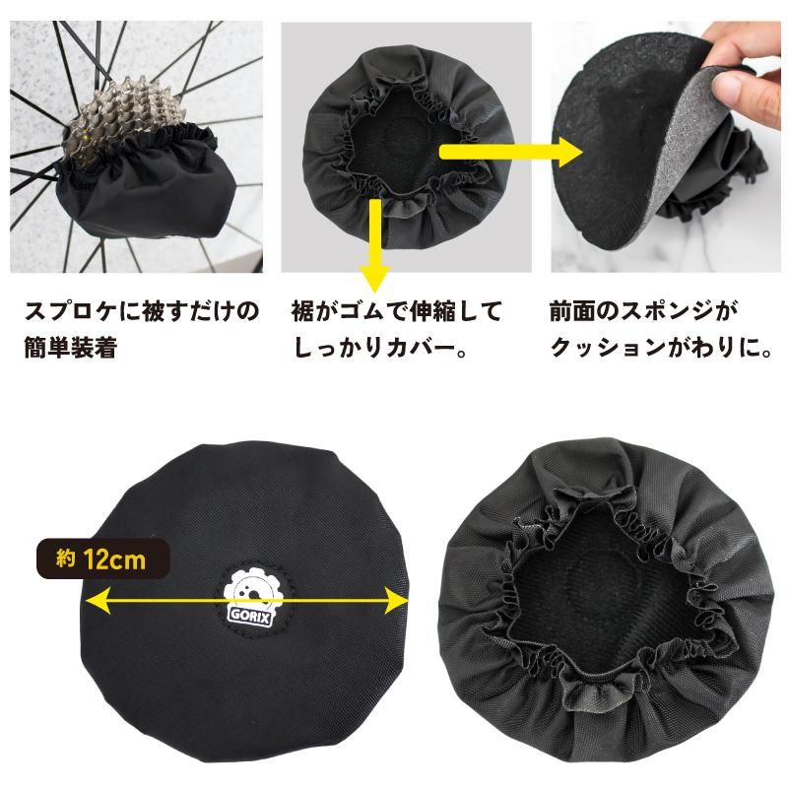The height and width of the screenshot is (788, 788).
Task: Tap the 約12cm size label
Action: coord(102,560)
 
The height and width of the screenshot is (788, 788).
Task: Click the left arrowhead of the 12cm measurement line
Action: coord(92,599)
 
